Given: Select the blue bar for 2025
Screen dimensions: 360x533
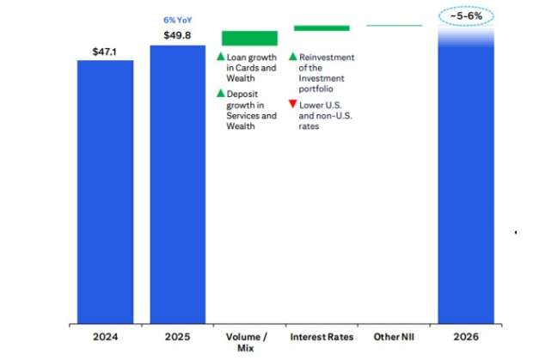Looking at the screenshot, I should coord(178,184).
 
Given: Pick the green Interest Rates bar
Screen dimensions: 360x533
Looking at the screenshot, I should coord(321,27).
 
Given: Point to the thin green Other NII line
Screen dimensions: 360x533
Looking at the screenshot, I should coord(395,26).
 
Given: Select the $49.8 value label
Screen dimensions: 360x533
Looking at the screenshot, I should coord(178,35).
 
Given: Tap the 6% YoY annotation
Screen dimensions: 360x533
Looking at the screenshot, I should coord(178,20).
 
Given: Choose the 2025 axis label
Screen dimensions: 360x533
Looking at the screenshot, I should coord(178,338).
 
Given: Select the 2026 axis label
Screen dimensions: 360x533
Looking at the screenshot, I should coord(467,338).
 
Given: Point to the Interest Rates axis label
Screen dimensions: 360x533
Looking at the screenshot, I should coord(322,338).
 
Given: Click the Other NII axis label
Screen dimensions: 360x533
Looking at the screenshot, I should coord(395,338).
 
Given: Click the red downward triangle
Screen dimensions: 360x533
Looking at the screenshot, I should coord(292,104).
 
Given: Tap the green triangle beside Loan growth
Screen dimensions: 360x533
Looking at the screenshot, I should coord(220,57).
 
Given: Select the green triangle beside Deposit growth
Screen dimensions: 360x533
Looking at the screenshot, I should coord(220,93).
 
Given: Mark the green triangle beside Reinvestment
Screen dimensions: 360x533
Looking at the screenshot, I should coord(292,57).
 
